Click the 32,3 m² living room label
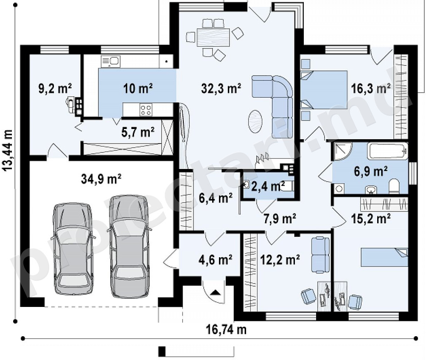221,88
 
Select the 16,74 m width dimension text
226,329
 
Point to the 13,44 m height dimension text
8,150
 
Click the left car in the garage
73,248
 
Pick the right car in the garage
129,246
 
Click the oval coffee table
255,121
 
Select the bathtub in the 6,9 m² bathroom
387,151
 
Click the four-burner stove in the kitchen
146,110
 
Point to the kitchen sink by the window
110,62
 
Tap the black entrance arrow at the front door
216,292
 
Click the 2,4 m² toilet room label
268,186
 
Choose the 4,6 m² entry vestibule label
215,259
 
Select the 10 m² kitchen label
138,88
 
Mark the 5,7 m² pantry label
138,132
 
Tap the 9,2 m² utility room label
55,89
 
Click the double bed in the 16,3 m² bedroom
324,90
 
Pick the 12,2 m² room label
280,260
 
